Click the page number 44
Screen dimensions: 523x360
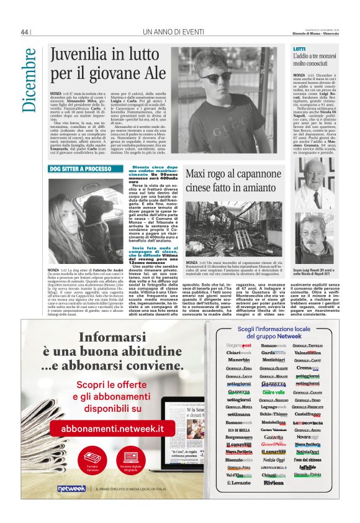[x=25, y=32]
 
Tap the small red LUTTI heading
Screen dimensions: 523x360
[x=299, y=48]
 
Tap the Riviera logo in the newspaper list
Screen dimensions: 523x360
[x=273, y=482]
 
